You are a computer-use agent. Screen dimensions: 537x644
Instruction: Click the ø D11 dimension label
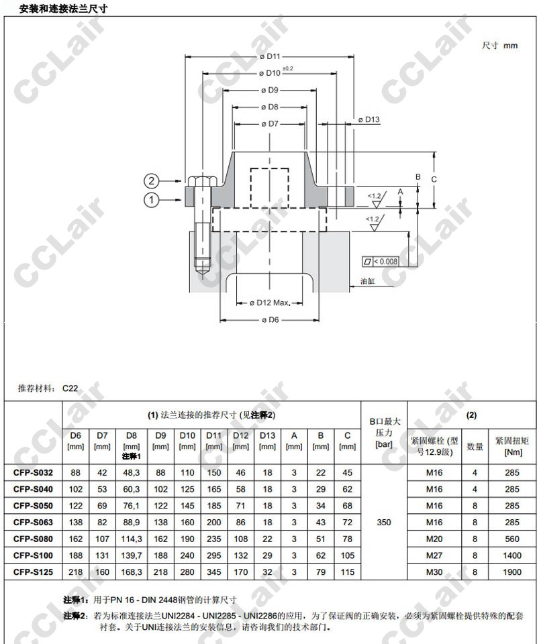(270, 56)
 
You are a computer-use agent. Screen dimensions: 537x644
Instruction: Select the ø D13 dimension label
(369, 119)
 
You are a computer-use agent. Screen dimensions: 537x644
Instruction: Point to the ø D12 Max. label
(270, 303)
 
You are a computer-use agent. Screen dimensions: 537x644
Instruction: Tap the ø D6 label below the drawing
(270, 320)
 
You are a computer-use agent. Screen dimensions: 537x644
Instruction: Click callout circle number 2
(151, 180)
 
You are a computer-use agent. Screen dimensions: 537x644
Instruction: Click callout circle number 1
(151, 200)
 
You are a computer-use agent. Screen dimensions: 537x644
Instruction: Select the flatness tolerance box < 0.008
(380, 262)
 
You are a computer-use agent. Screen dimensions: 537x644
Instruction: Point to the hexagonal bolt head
(202, 181)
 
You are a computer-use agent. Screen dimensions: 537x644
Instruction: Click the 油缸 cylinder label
(368, 281)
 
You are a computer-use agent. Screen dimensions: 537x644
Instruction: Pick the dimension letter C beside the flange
(434, 180)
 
